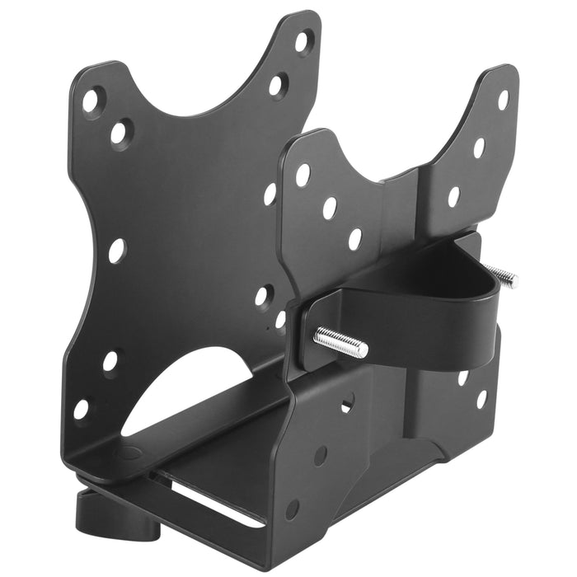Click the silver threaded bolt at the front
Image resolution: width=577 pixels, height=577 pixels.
(x=340, y=342)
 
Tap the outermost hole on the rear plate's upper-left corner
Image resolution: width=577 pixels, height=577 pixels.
(x=91, y=101)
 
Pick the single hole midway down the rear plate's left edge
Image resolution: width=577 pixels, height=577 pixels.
(x=117, y=249)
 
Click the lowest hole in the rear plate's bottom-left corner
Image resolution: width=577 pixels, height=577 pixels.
(x=81, y=409)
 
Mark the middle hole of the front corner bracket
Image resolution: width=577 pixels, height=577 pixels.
(x=320, y=454)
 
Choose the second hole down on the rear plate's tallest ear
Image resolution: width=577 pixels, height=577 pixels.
(x=278, y=84)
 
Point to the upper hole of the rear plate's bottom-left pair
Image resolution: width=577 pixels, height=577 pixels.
(x=110, y=360)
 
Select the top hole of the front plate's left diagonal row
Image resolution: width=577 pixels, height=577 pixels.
(x=303, y=174)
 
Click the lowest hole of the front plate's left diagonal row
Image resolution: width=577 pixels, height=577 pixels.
(x=354, y=239)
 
